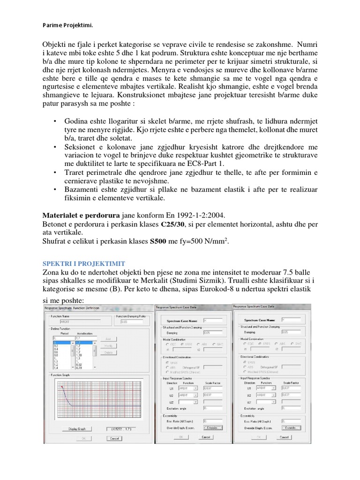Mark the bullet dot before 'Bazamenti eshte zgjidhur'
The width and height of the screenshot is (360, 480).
57,189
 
